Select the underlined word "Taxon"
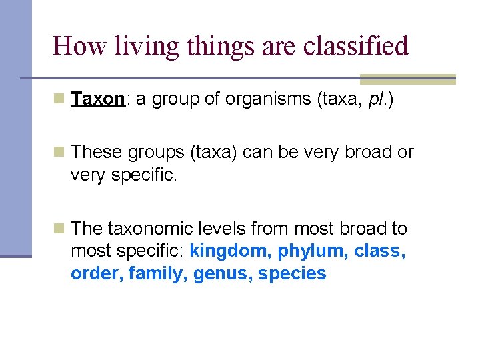[x=97, y=99]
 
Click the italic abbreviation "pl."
[x=378, y=99]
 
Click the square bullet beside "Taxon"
[x=59, y=99]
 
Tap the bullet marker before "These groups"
[x=59, y=153]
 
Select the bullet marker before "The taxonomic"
[x=59, y=229]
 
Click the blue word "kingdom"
[x=231, y=251]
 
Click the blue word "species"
[x=293, y=274]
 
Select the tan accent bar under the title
[x=407, y=79]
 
